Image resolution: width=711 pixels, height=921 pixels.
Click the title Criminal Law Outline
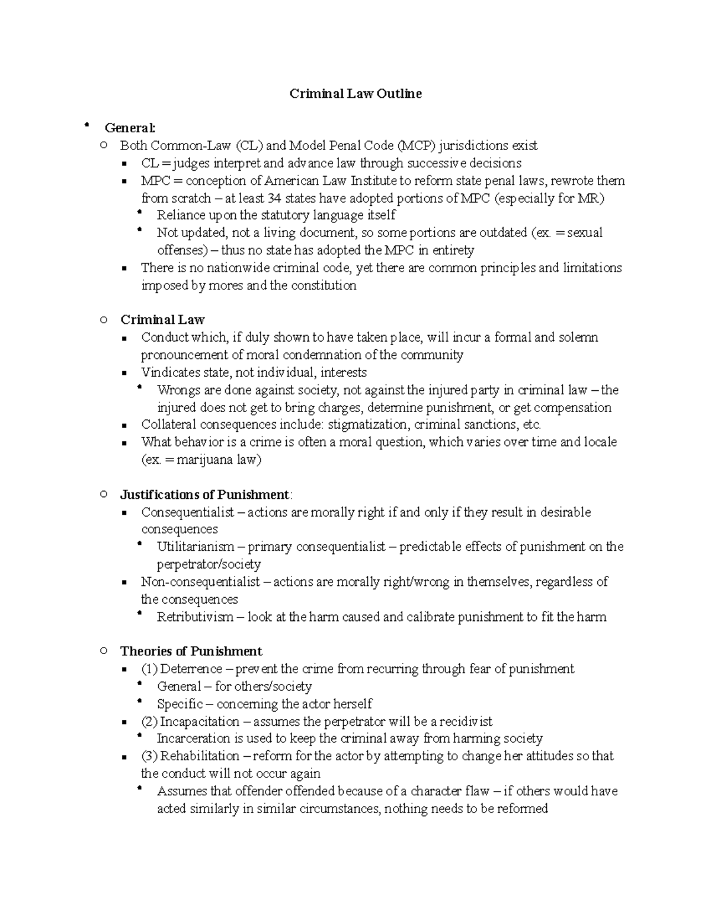(355, 94)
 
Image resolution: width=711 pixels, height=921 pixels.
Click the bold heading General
(130, 128)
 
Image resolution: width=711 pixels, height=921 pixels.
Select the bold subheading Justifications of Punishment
(204, 495)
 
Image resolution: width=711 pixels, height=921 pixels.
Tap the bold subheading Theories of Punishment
(191, 651)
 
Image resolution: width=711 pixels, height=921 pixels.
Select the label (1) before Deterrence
(149, 669)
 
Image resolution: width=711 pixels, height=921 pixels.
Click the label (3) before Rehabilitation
(149, 756)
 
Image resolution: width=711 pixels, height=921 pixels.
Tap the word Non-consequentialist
(200, 582)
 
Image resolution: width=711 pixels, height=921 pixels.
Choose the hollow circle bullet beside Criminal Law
(104, 320)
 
